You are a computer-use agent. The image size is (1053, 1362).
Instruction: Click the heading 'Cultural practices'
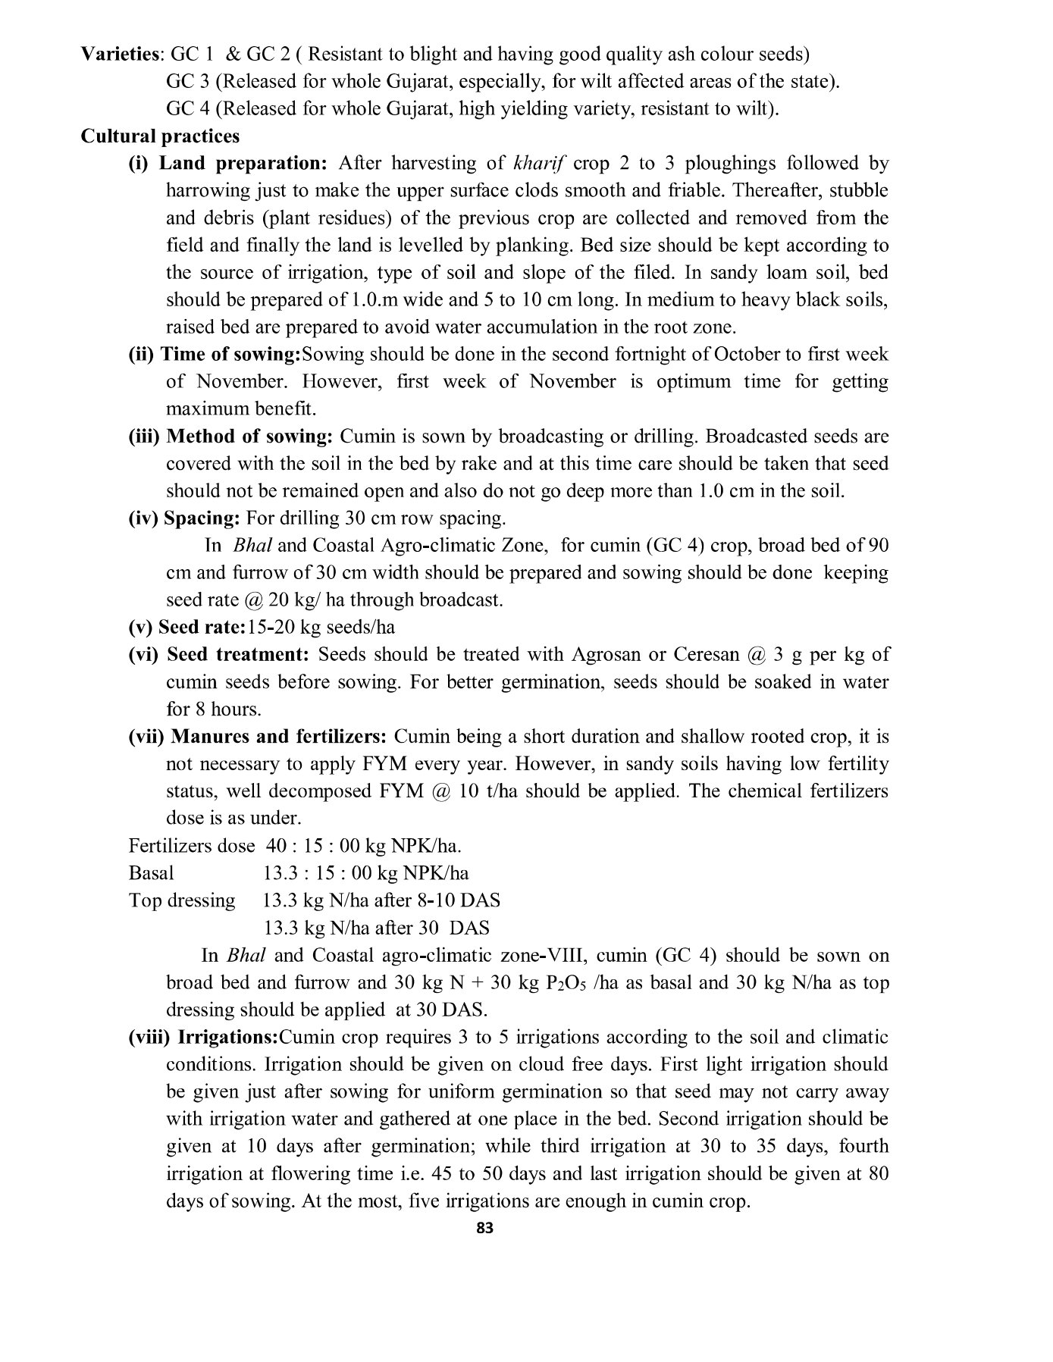tap(160, 136)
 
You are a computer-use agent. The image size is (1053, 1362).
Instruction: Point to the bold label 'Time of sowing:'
tap(232, 355)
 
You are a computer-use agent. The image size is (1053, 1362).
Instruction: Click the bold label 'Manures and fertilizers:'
tap(278, 737)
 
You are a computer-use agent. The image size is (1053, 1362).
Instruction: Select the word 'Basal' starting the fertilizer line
tap(151, 873)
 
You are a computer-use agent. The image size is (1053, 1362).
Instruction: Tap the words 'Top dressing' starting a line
tap(182, 900)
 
